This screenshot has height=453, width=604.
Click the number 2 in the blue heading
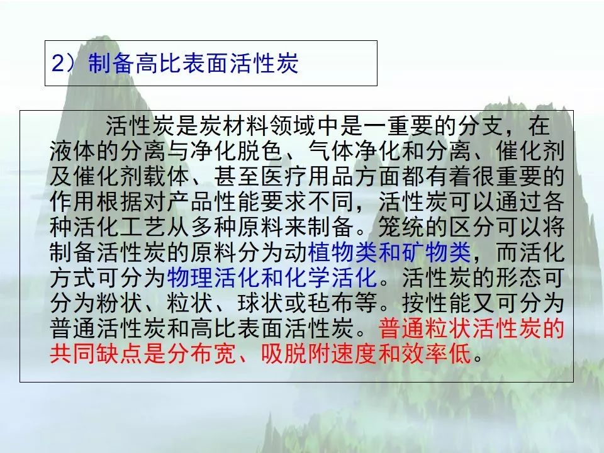pos(58,63)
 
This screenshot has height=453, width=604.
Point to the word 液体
pos(73,150)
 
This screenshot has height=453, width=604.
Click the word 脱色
pos(260,150)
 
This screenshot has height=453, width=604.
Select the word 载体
pos(167,176)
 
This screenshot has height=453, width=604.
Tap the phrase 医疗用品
pos(308,176)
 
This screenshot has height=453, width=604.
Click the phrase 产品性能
pos(214,201)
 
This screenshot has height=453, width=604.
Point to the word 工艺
pos(143,227)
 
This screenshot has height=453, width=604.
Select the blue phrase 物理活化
pos(214,277)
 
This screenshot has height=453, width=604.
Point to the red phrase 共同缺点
pos(96,353)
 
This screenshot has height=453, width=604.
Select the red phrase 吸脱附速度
pos(320,353)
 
